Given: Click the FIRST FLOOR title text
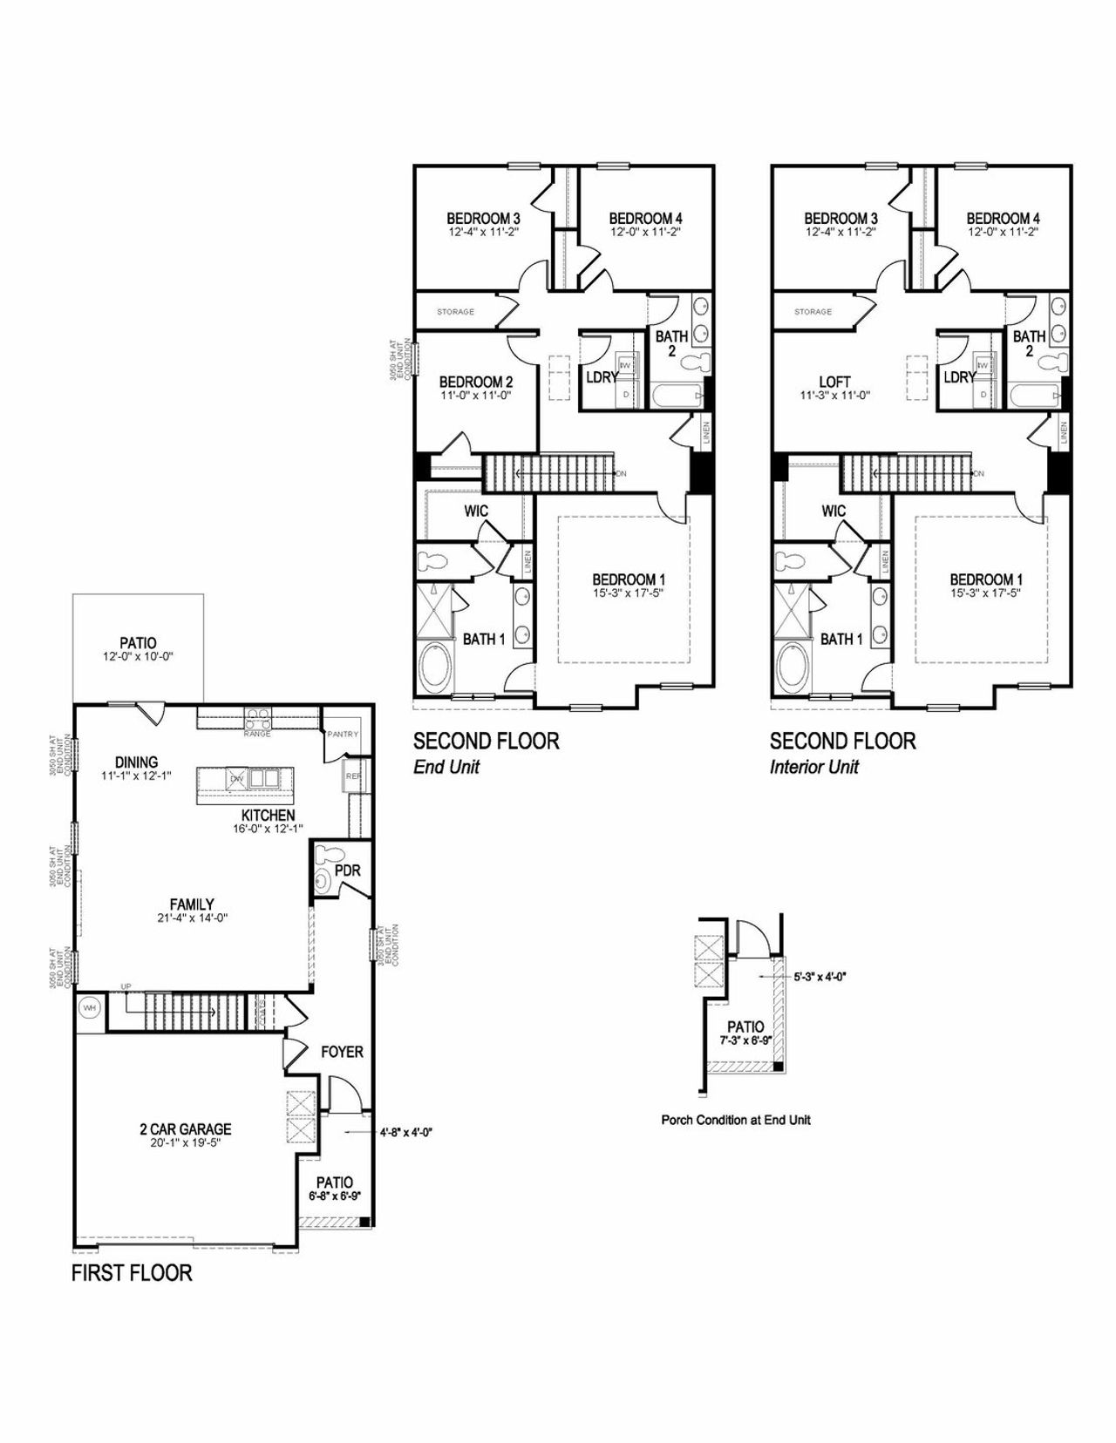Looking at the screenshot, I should click(x=132, y=1272).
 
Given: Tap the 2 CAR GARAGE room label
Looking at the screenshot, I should click(x=185, y=1128).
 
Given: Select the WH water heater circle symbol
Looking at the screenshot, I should click(x=89, y=1008).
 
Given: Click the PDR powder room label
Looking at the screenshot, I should click(x=347, y=871).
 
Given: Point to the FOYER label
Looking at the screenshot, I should click(x=342, y=1052).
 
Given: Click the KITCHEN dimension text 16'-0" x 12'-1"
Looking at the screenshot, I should click(x=269, y=829).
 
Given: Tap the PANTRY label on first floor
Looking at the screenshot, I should click(x=343, y=734).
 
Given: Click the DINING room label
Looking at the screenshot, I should click(x=136, y=762).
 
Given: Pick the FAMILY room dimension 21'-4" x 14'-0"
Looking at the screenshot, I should click(x=192, y=918).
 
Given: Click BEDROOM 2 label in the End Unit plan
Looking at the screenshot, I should click(x=475, y=382).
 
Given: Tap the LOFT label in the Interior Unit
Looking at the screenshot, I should click(x=834, y=382).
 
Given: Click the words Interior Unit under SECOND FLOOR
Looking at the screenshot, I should click(x=814, y=767).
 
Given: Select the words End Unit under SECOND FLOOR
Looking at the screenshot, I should click(x=446, y=767).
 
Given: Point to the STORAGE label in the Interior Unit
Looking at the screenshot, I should click(x=813, y=311).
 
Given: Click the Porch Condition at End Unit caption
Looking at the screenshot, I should click(x=736, y=1120).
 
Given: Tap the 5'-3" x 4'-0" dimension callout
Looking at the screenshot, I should click(x=820, y=977).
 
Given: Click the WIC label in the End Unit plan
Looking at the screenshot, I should click(x=476, y=511).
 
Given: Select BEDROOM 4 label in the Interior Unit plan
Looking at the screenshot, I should click(x=1003, y=218).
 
